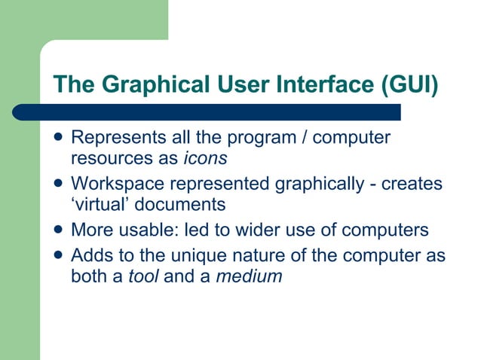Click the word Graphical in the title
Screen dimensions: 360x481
142,84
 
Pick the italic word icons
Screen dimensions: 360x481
206,158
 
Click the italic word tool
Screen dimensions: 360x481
144,276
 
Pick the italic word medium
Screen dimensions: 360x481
249,276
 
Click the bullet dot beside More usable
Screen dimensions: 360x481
58,230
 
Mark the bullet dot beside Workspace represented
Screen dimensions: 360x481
58,185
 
